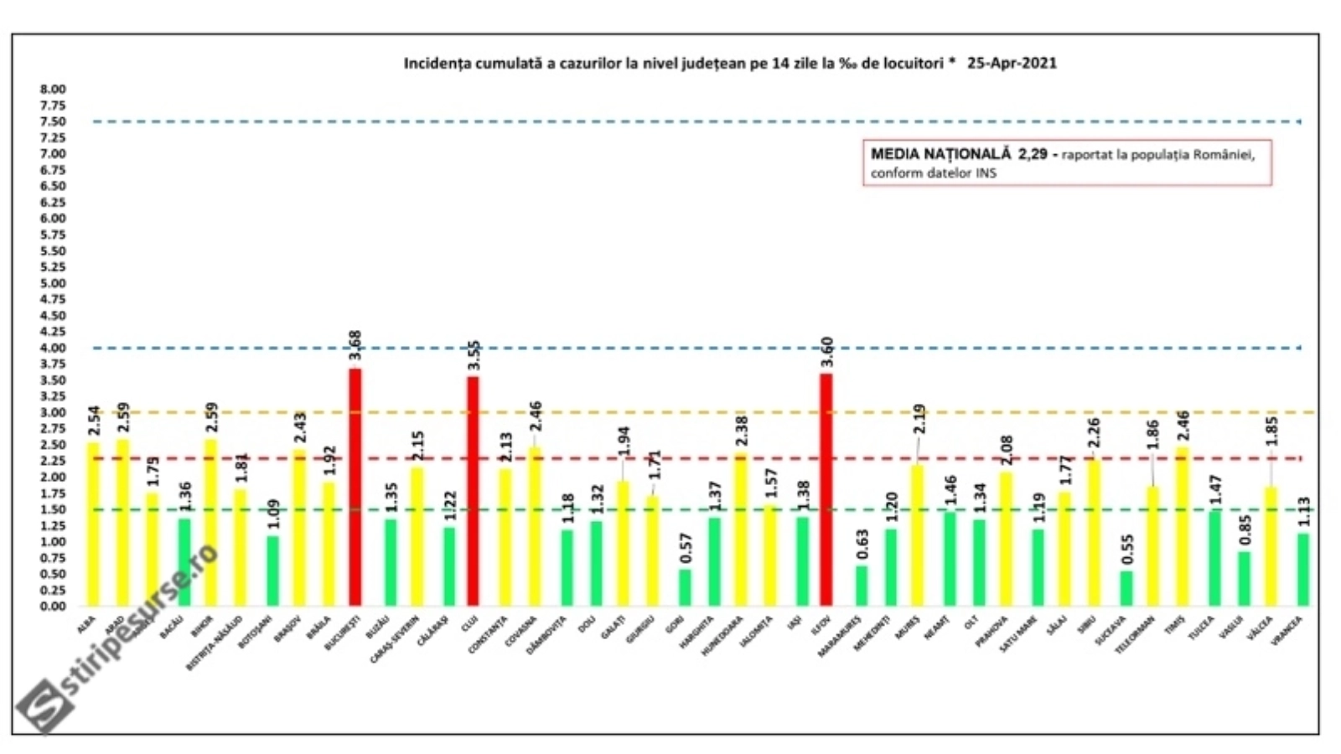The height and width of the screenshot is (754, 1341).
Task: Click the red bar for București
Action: tap(355, 487)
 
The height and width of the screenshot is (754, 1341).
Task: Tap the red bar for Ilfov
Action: tap(826, 489)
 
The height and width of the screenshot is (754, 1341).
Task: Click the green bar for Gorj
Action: tap(685, 587)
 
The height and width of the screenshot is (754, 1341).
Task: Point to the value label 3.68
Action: tap(355, 345)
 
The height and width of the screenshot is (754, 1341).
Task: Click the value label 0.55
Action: tap(1126, 550)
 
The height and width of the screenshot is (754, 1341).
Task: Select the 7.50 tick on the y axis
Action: tap(52, 121)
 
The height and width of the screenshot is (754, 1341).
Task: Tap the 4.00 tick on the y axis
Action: tap(52, 348)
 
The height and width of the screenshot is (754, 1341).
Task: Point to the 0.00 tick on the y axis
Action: tap(52, 606)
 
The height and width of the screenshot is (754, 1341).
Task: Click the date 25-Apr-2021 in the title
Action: tap(1012, 63)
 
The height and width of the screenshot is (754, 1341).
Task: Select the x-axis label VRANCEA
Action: tap(1287, 630)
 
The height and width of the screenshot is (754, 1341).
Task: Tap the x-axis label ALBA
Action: tap(86, 624)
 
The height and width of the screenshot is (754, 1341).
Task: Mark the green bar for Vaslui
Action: tap(1244, 578)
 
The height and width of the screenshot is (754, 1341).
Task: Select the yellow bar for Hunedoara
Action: tap(740, 529)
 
